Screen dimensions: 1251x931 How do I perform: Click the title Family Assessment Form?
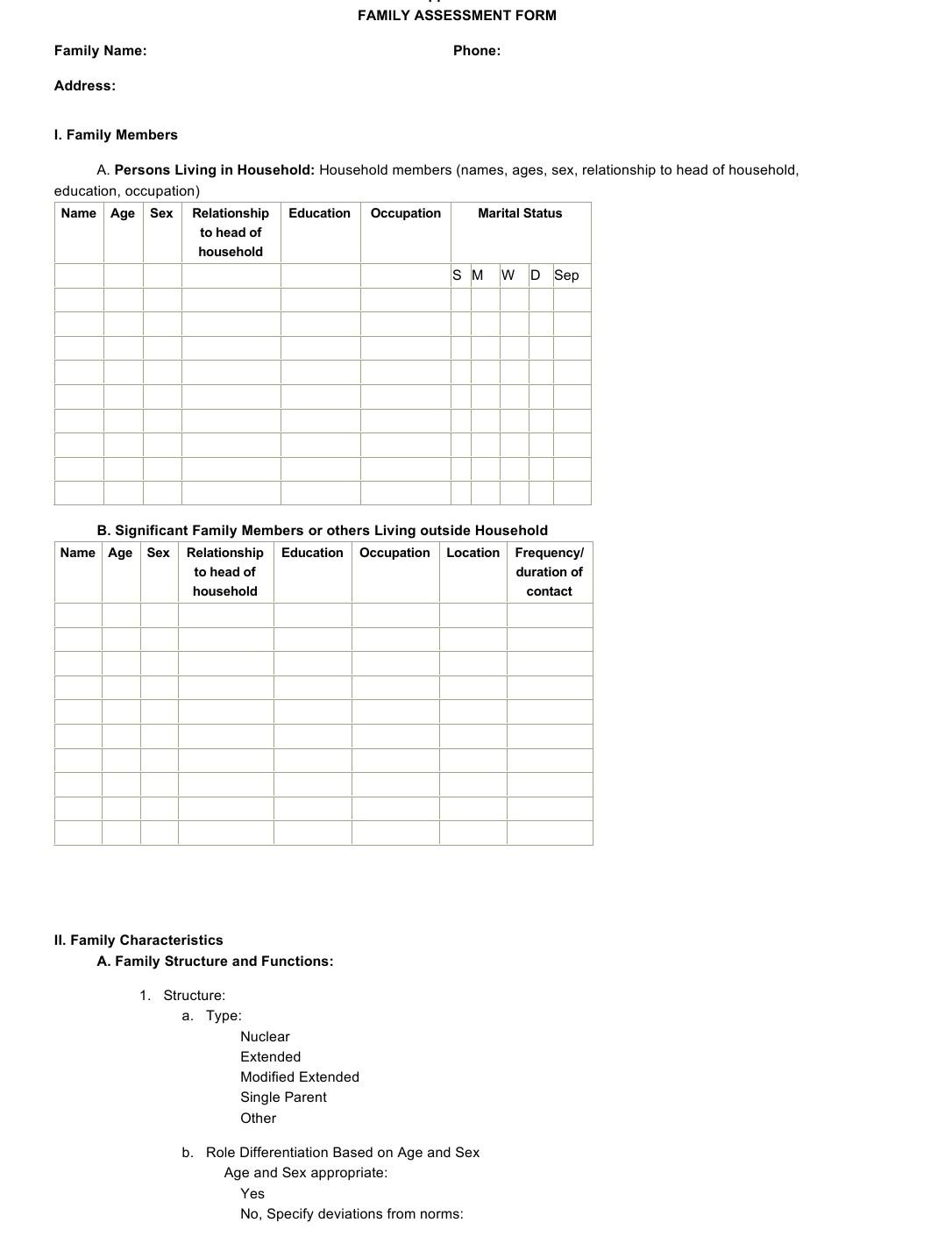pos(457,16)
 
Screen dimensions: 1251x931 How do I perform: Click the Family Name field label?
pos(100,51)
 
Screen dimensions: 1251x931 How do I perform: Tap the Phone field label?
pos(477,51)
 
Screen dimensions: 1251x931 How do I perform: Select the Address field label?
pos(84,86)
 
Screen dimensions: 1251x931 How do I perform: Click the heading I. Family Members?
pos(116,135)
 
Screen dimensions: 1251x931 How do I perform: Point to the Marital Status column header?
pos(520,213)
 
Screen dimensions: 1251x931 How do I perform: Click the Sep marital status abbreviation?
pos(566,275)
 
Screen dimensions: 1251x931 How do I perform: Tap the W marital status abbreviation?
pos(508,275)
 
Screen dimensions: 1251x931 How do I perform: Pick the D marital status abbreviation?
pos(535,275)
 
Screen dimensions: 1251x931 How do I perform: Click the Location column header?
pos(473,553)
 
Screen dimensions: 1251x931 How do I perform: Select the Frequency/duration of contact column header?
pos(549,572)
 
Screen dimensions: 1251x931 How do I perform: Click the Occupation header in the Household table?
pos(405,213)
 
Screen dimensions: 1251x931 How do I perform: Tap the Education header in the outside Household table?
pos(312,553)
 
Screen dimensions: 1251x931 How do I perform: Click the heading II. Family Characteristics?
pos(139,940)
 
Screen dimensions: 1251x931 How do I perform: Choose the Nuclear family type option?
pos(265,1037)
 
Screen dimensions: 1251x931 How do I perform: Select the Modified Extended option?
pos(300,1077)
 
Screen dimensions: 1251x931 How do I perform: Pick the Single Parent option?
pos(283,1097)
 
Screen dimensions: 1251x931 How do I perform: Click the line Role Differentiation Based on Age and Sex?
pos(343,1153)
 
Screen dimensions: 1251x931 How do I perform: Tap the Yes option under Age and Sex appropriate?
pos(252,1194)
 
